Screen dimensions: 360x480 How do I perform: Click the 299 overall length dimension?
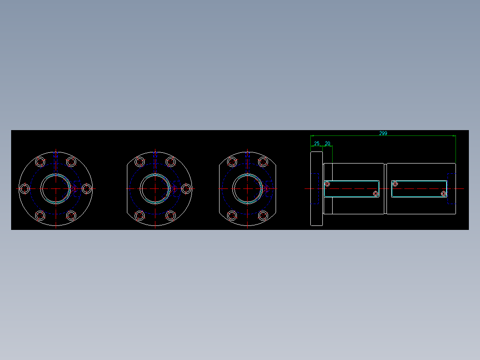(383, 133)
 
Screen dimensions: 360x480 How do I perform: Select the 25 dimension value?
(317, 143)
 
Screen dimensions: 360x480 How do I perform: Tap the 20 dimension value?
(328, 143)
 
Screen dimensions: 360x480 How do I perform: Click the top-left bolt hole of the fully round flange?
(40, 161)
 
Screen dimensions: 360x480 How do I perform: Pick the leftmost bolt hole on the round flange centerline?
(25, 189)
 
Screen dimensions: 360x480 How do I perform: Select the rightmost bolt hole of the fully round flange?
(86, 189)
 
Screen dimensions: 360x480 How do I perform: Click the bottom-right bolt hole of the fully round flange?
(71, 216)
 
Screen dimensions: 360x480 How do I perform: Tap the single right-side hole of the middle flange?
(186, 189)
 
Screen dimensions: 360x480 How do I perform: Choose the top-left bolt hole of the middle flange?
(139, 161)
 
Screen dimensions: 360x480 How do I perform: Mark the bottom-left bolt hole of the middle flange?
(139, 216)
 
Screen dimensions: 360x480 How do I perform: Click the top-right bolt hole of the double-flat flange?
(263, 161)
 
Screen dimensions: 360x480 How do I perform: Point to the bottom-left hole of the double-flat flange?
(232, 216)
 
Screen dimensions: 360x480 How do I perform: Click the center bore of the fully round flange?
(56, 189)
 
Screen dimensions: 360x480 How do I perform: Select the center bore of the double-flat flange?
(247, 189)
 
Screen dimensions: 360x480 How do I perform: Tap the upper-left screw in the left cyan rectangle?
(327, 184)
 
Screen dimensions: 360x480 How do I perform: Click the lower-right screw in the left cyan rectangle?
(375, 193)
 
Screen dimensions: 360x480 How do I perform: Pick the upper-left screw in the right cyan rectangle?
(395, 184)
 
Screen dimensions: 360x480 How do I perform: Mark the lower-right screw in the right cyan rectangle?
(443, 193)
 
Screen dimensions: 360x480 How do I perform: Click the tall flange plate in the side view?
(316, 189)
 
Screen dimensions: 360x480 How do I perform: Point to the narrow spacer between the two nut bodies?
(385, 189)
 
